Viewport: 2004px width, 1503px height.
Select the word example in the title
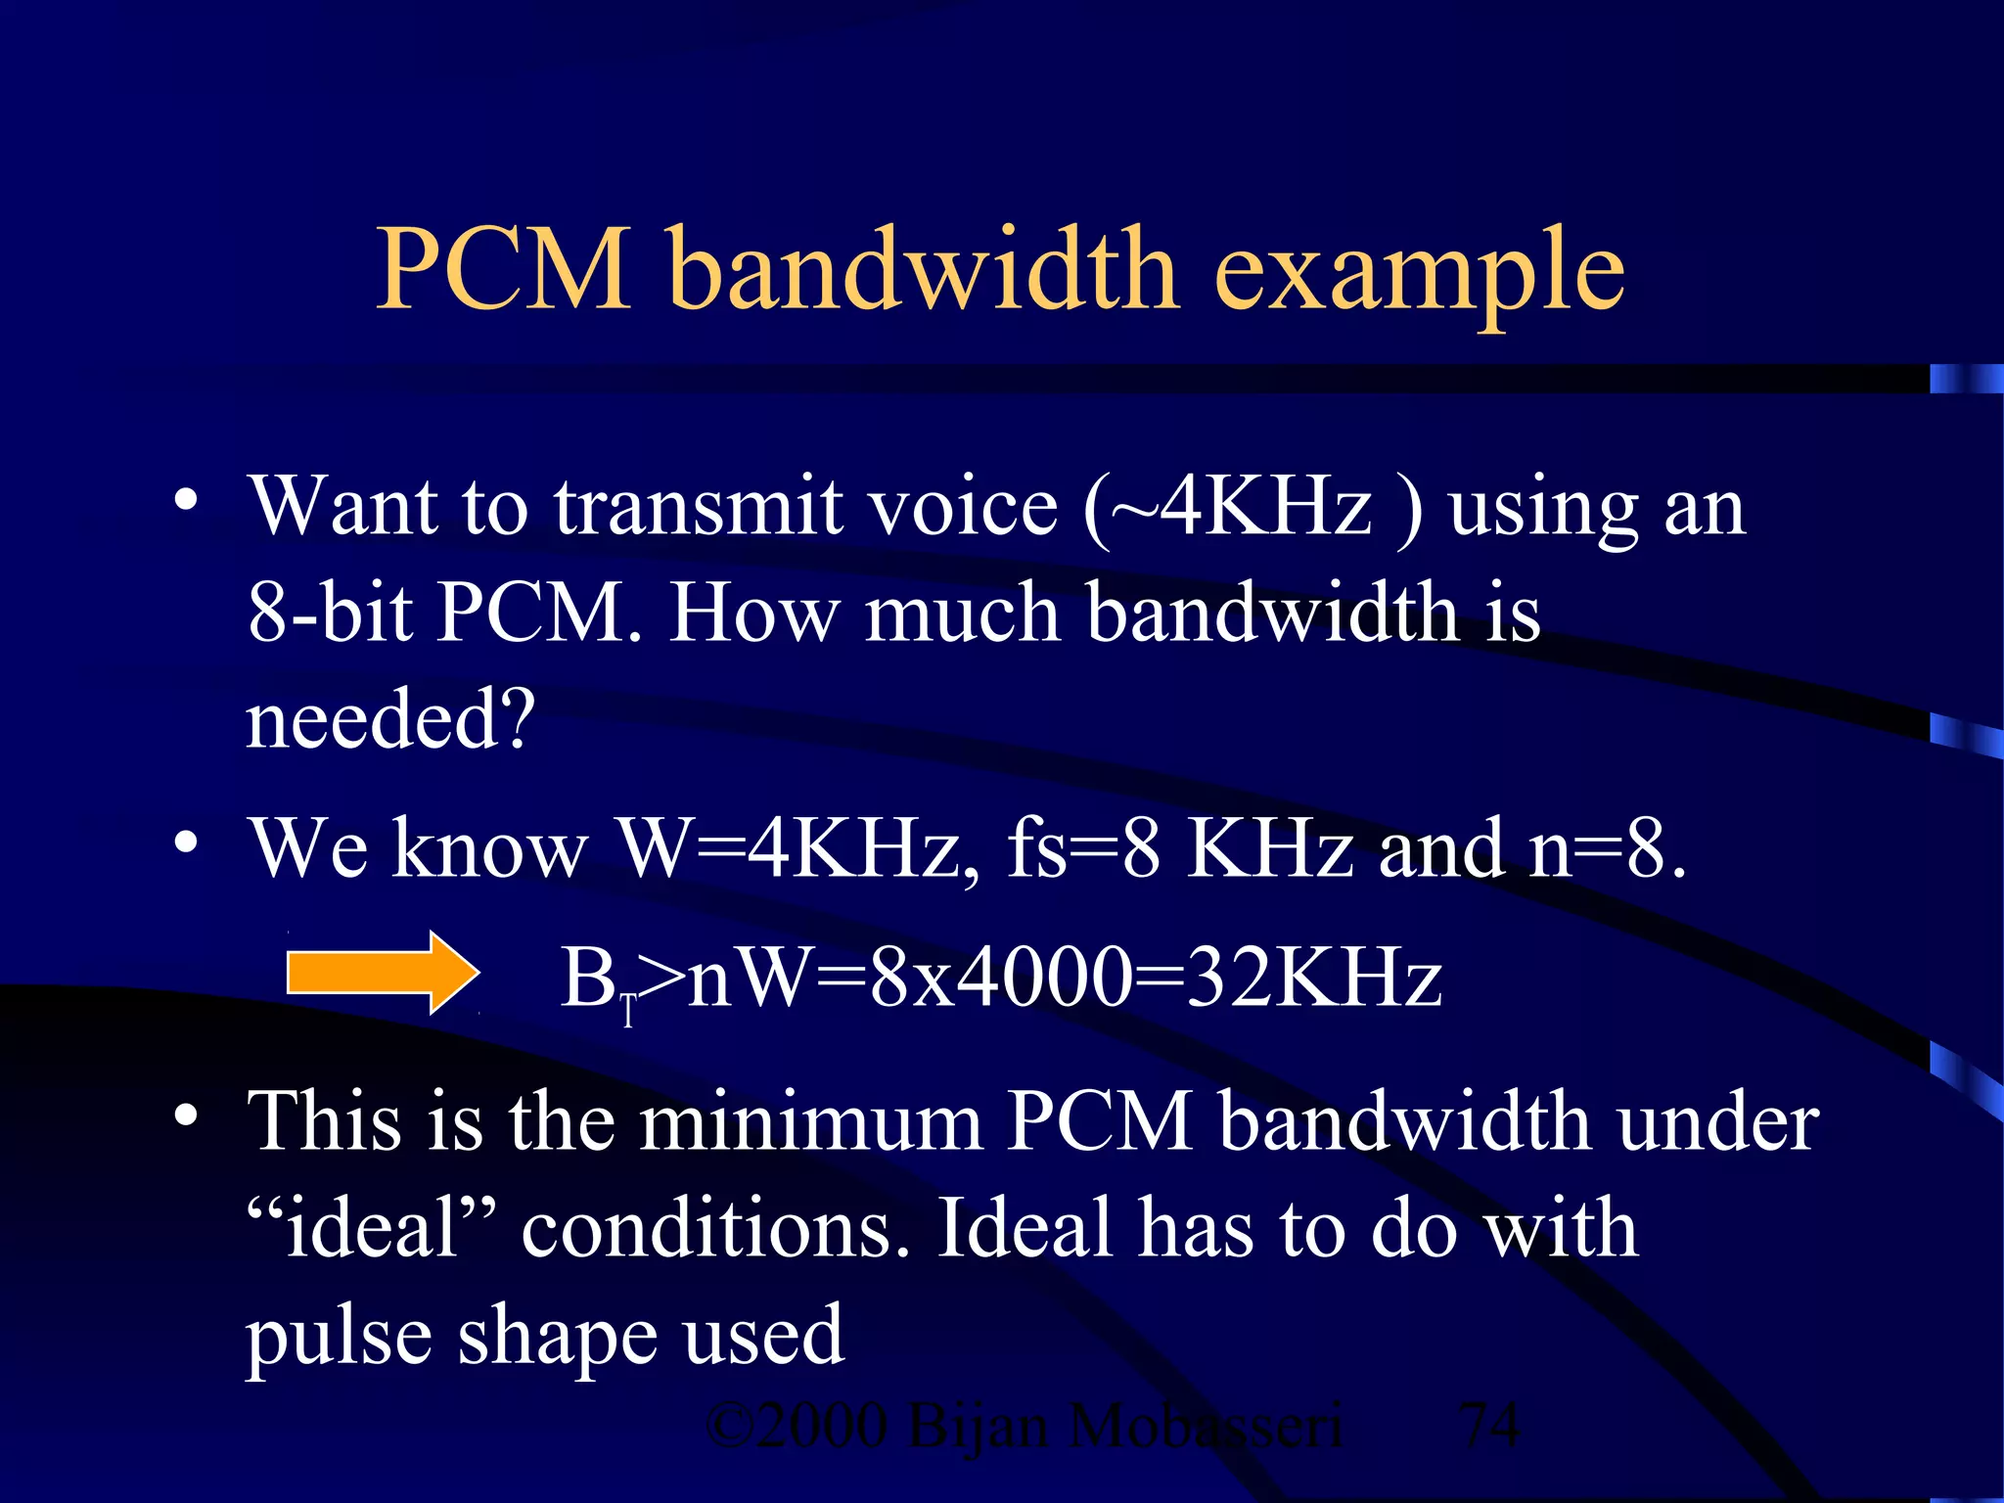pyautogui.click(x=1418, y=274)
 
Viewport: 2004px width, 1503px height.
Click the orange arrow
pyautogui.click(x=383, y=973)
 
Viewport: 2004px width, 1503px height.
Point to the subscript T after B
pyautogui.click(x=628, y=1010)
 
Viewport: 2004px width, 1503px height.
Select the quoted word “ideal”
pyautogui.click(x=371, y=1228)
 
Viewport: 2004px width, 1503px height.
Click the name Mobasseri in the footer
pyautogui.click(x=1206, y=1426)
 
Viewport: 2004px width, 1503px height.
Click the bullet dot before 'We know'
pyautogui.click(x=186, y=843)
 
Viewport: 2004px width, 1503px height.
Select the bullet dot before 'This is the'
pyautogui.click(x=186, y=1116)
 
